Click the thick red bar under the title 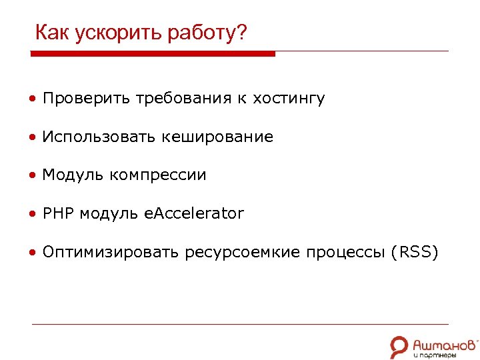click(x=153, y=53)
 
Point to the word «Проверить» click(x=87, y=99)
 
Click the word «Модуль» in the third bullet click(x=73, y=175)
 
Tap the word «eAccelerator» click(x=194, y=214)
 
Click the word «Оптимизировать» click(x=111, y=253)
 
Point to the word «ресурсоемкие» click(x=243, y=253)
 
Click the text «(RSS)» click(x=415, y=253)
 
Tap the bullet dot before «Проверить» click(x=33, y=100)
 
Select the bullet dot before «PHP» click(x=33, y=215)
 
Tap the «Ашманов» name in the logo click(x=444, y=343)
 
